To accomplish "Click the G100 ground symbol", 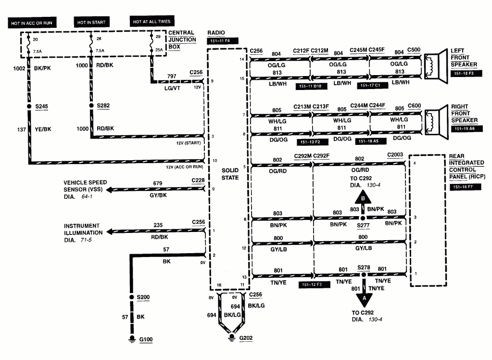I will (132, 339).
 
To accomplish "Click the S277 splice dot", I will (363, 218).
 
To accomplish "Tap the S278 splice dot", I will (364, 275).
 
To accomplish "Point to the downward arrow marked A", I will (364, 297).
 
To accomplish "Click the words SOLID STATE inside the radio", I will (230, 174).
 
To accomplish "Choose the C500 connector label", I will (414, 50).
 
